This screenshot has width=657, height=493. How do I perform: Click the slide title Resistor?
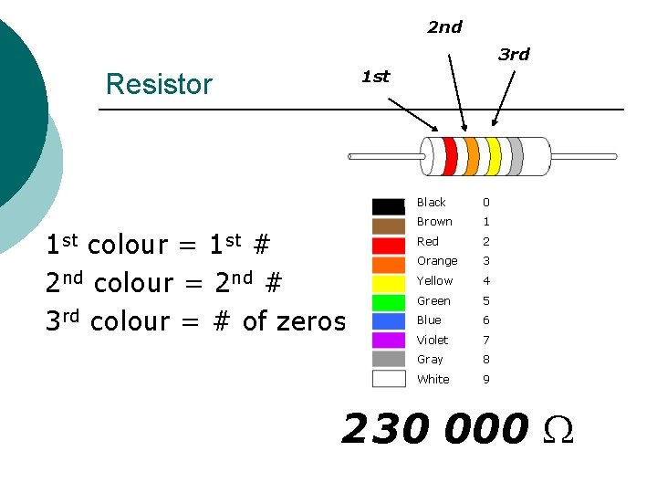pos(159,84)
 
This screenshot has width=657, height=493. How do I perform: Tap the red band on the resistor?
pos(450,156)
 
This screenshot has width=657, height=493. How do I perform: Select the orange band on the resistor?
pos(472,156)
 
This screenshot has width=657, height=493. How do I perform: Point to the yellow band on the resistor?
pos(494,156)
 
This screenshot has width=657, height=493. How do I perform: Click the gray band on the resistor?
pos(516,156)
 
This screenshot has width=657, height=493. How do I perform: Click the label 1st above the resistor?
pos(375,77)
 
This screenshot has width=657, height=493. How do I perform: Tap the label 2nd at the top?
pos(444,27)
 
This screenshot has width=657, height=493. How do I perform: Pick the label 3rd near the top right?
pos(514,55)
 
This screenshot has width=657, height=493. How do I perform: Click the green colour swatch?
pos(389,301)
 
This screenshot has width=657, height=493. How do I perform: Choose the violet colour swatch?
pos(389,341)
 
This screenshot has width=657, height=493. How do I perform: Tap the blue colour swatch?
pos(389,320)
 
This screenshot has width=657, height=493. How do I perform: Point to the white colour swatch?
pos(389,379)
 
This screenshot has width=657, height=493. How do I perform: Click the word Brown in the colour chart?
pos(434,222)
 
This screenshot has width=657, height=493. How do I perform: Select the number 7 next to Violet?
pos(486,340)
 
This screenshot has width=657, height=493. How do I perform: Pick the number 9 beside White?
pos(486,379)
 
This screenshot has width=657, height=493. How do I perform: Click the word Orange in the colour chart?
pos(437,261)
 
